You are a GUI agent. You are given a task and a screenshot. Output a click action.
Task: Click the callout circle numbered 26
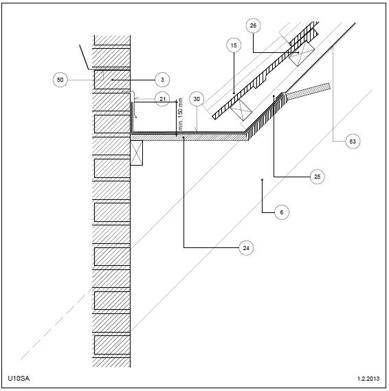point(253,25)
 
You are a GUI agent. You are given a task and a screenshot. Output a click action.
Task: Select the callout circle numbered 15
point(234,45)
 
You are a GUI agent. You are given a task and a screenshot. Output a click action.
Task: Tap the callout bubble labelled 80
point(60,80)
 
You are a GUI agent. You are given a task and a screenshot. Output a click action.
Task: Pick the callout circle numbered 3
point(162,80)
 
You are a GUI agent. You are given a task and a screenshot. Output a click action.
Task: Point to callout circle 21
point(162,99)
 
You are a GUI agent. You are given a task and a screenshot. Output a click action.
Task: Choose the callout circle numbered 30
point(197,99)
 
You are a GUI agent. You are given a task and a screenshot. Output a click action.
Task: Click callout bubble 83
point(353,142)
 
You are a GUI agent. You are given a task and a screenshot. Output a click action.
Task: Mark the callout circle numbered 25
point(318,177)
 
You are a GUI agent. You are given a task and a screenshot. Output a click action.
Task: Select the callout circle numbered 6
point(282,212)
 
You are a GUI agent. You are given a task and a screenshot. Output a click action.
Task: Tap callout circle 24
point(246,248)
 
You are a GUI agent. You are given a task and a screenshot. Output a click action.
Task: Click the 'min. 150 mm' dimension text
point(181,114)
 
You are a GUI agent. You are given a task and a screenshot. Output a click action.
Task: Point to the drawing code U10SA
point(19,378)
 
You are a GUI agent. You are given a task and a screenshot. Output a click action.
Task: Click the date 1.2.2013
point(368,379)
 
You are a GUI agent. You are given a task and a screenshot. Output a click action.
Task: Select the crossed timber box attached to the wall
point(137,153)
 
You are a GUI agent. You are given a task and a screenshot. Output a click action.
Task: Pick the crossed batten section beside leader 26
point(302,54)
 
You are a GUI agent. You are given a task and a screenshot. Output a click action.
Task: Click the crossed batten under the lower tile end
point(241,109)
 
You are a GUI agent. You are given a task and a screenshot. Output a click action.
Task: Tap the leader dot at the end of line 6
point(262,179)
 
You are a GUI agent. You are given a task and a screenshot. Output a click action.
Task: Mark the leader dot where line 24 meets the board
point(184,137)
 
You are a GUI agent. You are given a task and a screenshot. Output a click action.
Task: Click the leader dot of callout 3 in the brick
point(112,80)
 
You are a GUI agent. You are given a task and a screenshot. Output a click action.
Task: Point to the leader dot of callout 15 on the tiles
point(234,93)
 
